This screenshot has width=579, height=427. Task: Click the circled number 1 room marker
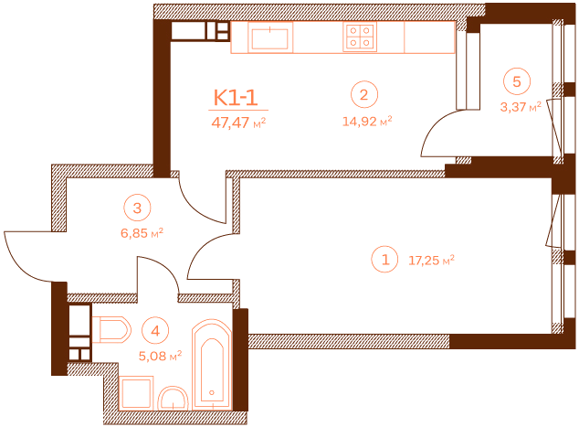point(385,261)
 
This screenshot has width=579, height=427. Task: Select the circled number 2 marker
point(363,94)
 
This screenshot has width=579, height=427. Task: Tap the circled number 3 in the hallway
point(137,208)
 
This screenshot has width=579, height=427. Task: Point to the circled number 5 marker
point(517,81)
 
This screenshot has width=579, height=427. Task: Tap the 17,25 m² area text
point(434,261)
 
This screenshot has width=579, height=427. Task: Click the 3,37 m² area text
point(520,106)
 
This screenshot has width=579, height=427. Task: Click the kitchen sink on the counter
point(270,38)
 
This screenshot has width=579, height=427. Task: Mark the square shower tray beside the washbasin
point(138,395)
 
